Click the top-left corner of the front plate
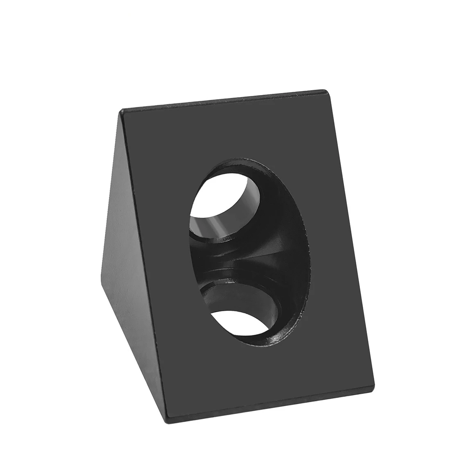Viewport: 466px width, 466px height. click(121, 111)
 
